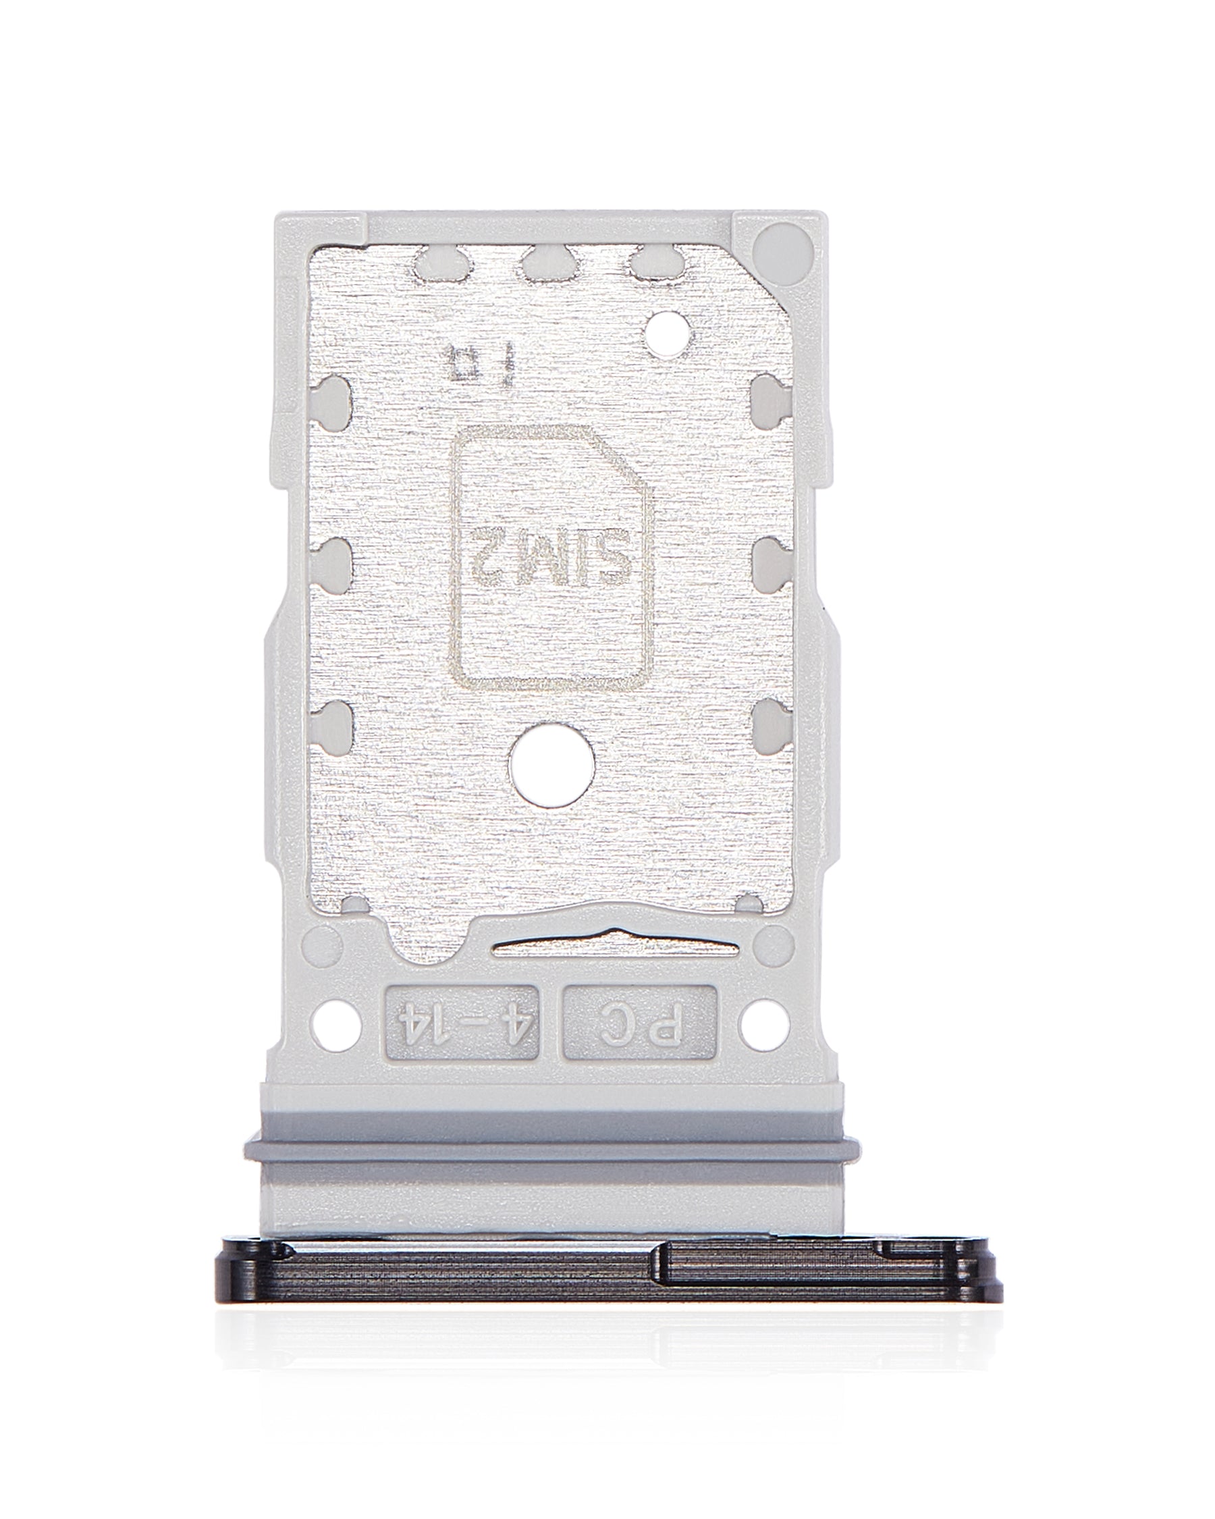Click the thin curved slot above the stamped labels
click(x=616, y=944)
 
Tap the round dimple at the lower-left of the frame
click(x=323, y=942)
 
